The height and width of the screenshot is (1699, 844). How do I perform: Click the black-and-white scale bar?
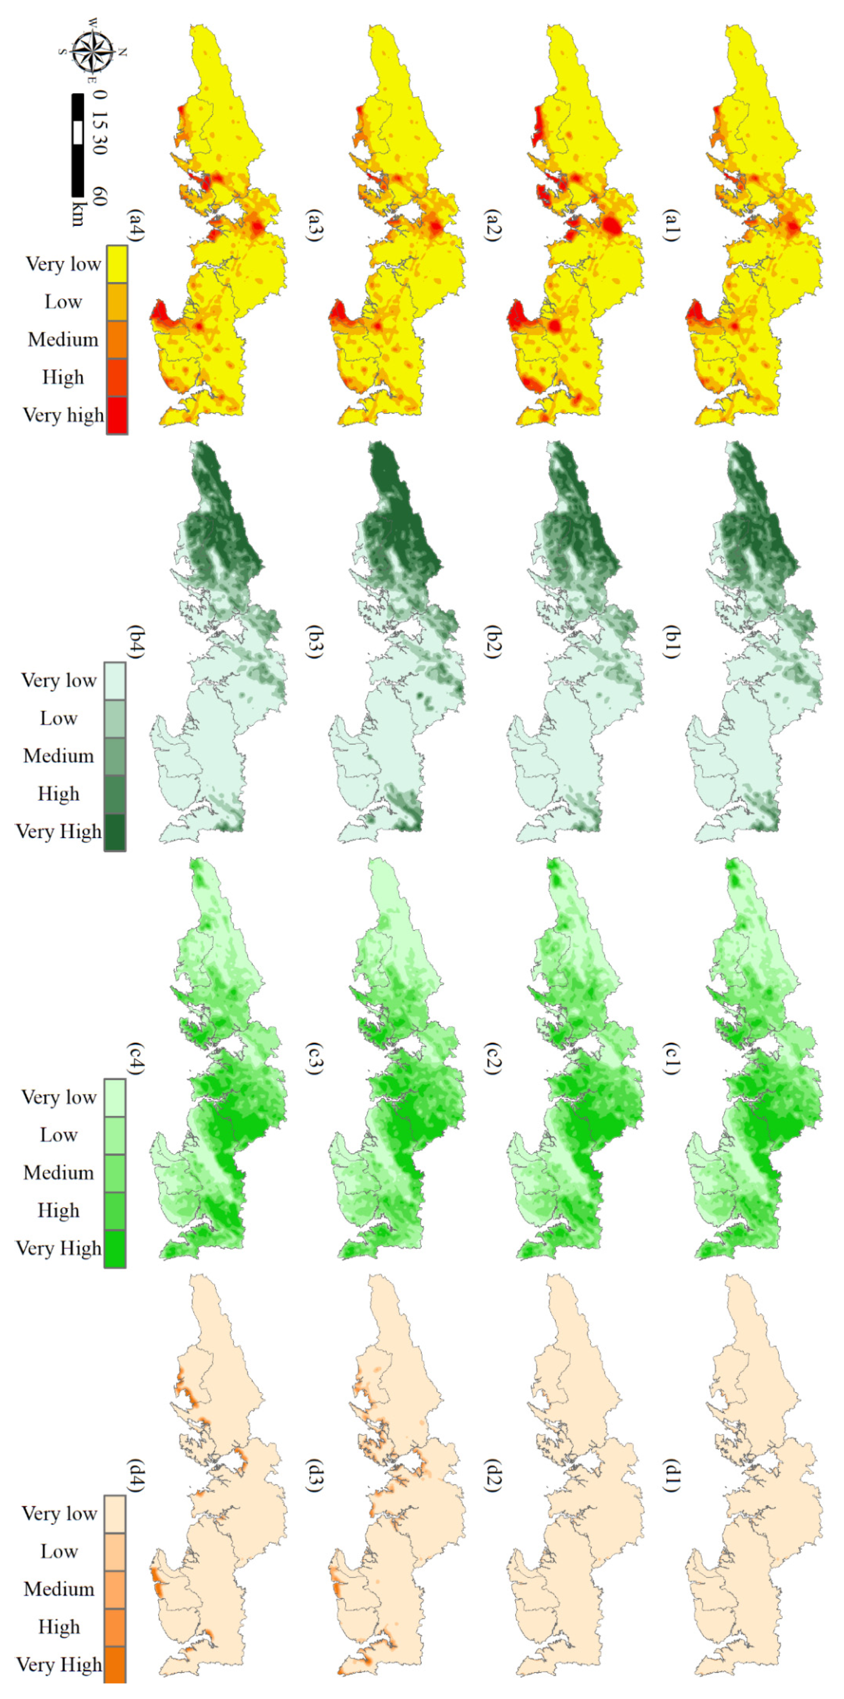pos(78,145)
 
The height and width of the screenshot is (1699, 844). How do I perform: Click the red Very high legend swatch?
pos(117,415)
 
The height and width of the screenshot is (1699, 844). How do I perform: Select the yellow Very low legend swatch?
pos(117,264)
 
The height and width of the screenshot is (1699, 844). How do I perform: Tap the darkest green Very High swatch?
pos(115,832)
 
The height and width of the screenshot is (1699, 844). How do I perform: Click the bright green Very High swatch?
pos(115,1249)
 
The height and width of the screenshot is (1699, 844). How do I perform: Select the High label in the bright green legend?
pos(59,1210)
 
